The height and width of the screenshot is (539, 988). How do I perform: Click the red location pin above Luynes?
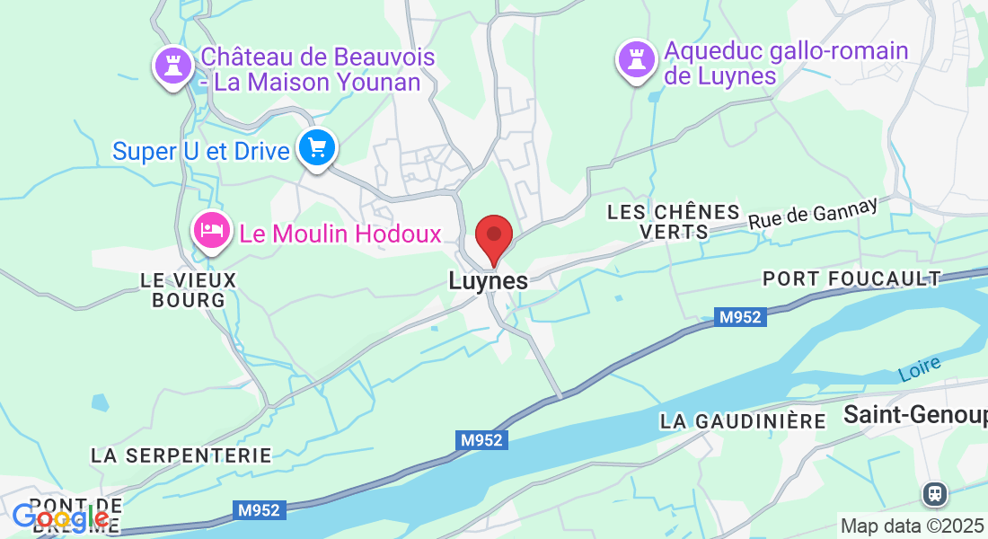click(x=493, y=236)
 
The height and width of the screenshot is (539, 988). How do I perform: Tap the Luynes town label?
click(x=488, y=281)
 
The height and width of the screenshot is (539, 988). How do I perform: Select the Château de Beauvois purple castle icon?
click(x=171, y=66)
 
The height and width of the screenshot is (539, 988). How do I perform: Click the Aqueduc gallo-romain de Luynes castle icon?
click(x=636, y=59)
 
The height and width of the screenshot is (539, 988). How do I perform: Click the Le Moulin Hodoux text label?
click(x=340, y=234)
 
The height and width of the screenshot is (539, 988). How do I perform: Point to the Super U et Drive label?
click(x=200, y=151)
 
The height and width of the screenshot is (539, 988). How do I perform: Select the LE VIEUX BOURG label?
click(x=188, y=290)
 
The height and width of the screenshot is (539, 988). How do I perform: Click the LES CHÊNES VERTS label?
click(x=674, y=222)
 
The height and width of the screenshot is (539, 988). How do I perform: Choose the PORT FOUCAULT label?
click(x=851, y=279)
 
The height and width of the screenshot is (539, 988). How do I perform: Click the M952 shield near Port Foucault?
click(x=740, y=317)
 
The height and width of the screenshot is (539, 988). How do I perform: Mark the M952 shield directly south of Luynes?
click(x=481, y=440)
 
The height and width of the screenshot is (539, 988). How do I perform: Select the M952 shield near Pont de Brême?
click(x=260, y=510)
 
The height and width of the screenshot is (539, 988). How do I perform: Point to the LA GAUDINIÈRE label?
click(x=742, y=421)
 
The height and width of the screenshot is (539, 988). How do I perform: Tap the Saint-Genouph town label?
click(x=914, y=415)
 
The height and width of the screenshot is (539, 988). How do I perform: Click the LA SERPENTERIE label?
click(x=181, y=455)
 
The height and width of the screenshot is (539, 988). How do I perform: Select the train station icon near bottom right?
click(x=935, y=493)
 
